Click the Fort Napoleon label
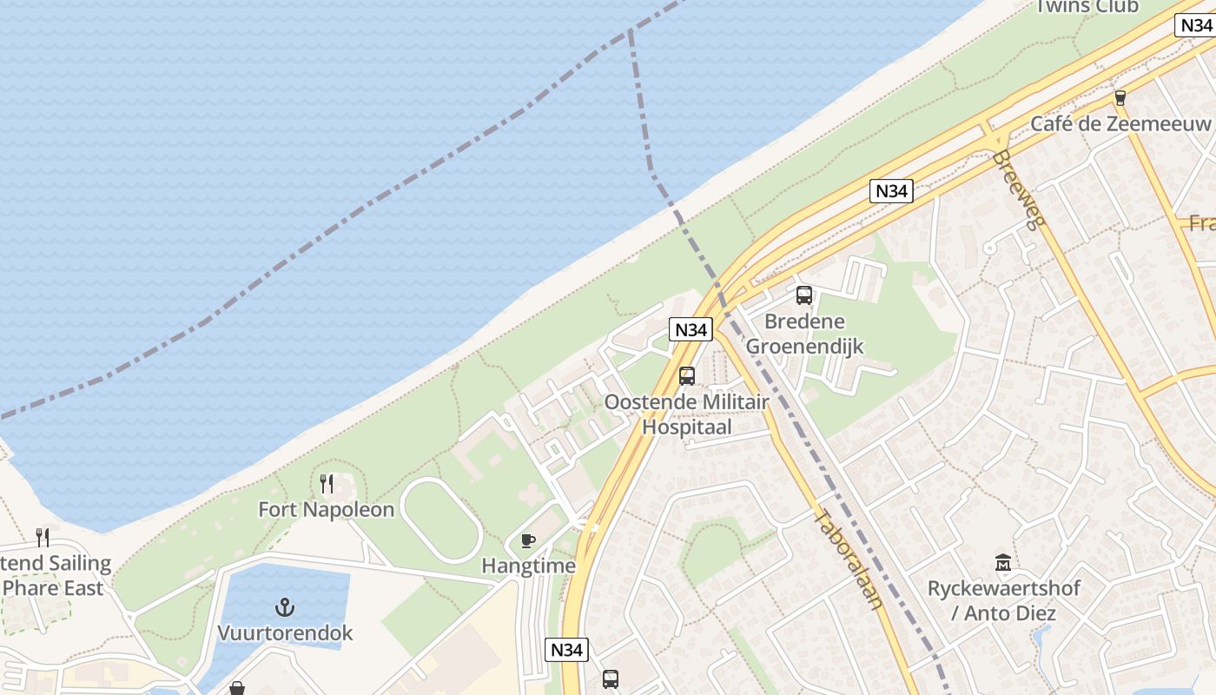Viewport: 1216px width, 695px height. pyautogui.click(x=327, y=510)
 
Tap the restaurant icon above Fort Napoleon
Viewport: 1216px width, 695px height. pyautogui.click(x=327, y=483)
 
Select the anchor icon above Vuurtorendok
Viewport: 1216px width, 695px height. pyautogui.click(x=285, y=606)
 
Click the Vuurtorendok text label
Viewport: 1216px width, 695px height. pyautogui.click(x=285, y=632)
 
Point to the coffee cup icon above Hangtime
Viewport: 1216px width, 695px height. pyautogui.click(x=527, y=541)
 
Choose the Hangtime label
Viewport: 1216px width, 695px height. pyautogui.click(x=528, y=566)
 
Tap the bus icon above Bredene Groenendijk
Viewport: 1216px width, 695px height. pyautogui.click(x=804, y=295)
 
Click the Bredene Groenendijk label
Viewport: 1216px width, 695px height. pyautogui.click(x=804, y=334)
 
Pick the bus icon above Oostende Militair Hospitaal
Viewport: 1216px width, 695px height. pyautogui.click(x=687, y=376)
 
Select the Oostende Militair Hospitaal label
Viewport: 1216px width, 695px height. pyautogui.click(x=686, y=414)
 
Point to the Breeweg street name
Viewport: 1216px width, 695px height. pyautogui.click(x=1018, y=190)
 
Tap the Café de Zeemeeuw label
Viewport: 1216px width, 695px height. pyautogui.click(x=1120, y=124)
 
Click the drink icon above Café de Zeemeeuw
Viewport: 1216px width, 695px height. pyautogui.click(x=1120, y=98)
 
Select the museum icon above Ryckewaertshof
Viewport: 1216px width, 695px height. pyautogui.click(x=1003, y=562)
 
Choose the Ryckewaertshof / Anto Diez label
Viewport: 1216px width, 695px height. pyautogui.click(x=1003, y=600)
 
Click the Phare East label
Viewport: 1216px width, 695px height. pyautogui.click(x=53, y=588)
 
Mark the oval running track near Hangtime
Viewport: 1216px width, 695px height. pyautogui.click(x=441, y=520)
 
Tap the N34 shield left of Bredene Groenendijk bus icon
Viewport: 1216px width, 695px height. pyautogui.click(x=691, y=329)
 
